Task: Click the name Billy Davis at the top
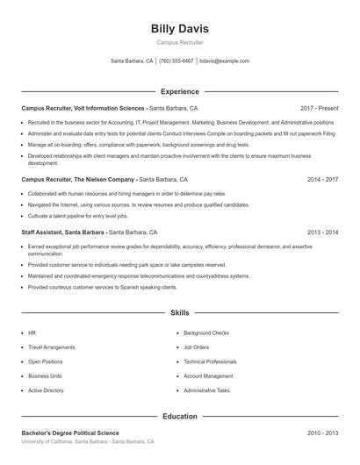[179, 29]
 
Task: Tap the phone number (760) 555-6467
[176, 61]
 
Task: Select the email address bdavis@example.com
[224, 61]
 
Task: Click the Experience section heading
[179, 91]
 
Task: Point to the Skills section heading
[179, 312]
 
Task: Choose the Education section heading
[179, 417]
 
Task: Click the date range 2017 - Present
[319, 108]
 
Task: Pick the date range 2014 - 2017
[322, 179]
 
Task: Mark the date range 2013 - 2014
[322, 232]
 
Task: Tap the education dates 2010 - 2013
[322, 433]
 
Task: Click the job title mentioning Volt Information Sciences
[83, 108]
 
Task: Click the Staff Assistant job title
[63, 232]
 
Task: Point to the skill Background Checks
[206, 333]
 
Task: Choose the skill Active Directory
[47, 390]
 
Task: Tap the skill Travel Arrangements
[52, 347]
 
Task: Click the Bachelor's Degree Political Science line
[70, 433]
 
